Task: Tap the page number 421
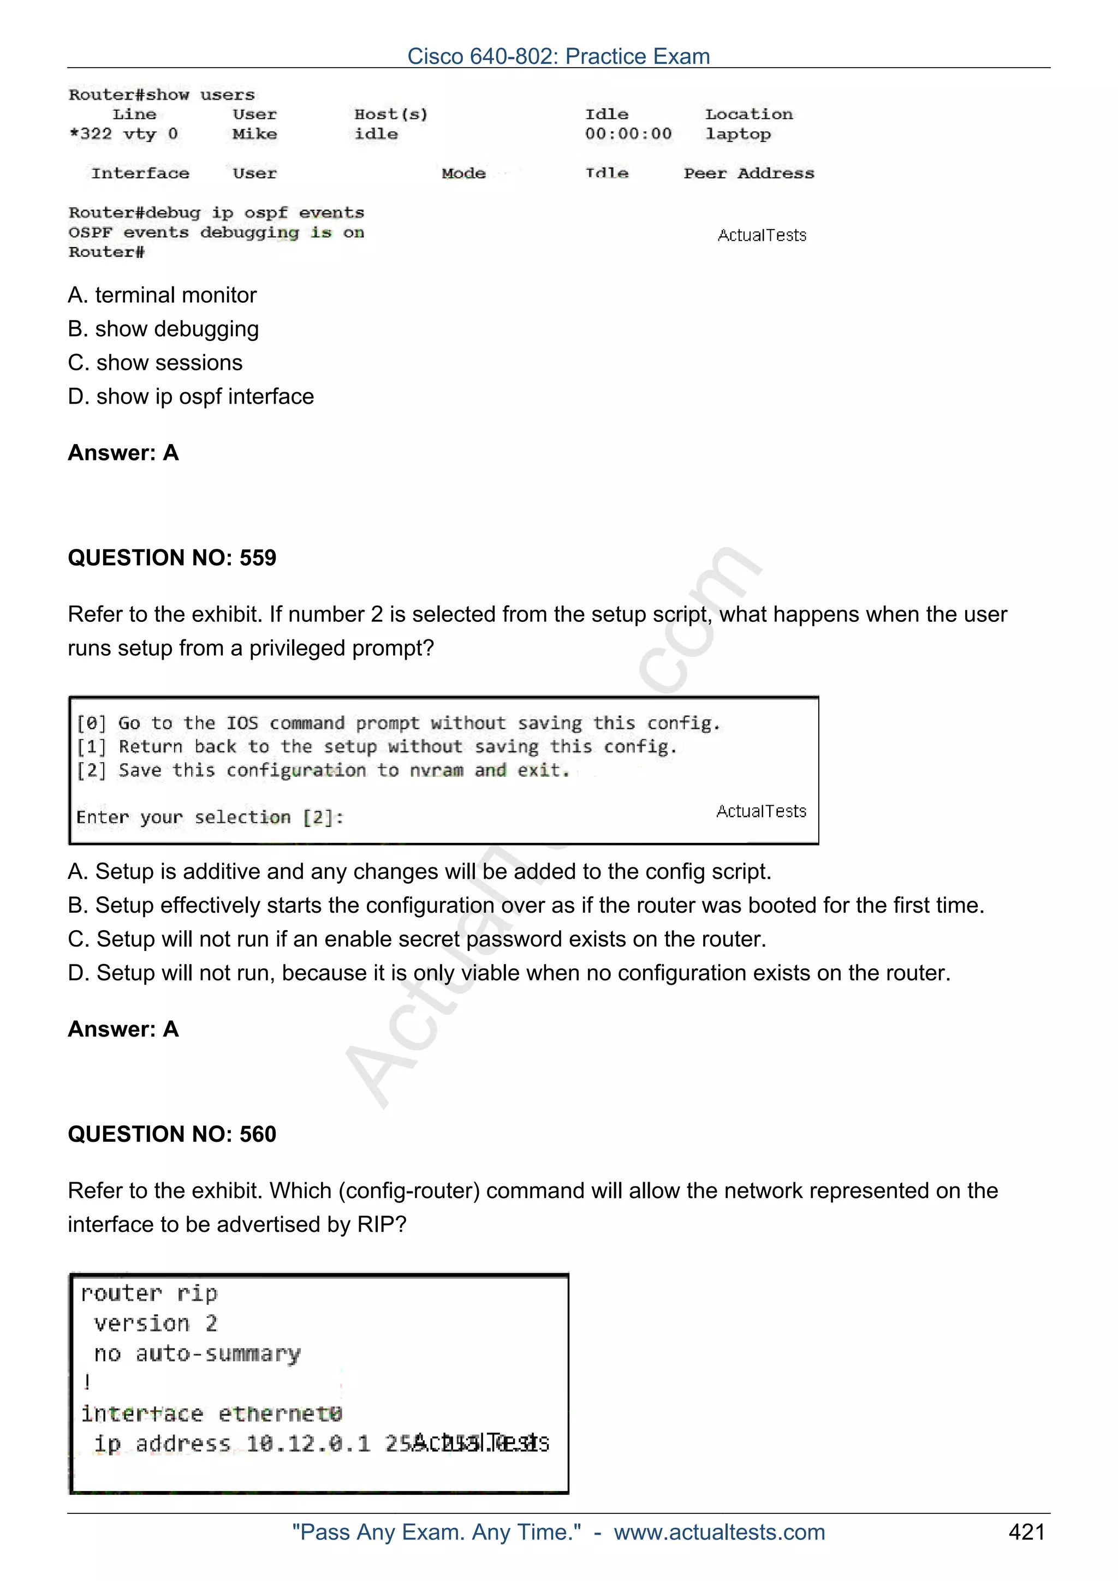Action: point(1026,1531)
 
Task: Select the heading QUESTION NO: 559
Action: point(171,557)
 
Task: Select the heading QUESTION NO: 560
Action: point(171,1134)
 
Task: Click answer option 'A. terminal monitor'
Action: point(162,295)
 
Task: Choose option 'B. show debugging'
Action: point(163,328)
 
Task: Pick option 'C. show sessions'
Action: point(155,362)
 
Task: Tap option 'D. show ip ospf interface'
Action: point(191,396)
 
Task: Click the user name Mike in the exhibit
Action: point(254,134)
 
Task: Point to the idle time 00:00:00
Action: point(628,134)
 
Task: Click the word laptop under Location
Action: point(737,134)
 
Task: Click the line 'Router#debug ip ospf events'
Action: point(216,212)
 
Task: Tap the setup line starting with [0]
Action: point(397,723)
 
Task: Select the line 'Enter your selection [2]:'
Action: point(210,817)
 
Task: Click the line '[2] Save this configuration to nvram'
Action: point(323,770)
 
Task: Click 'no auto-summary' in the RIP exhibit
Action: point(197,1354)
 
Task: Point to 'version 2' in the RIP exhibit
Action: point(155,1323)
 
